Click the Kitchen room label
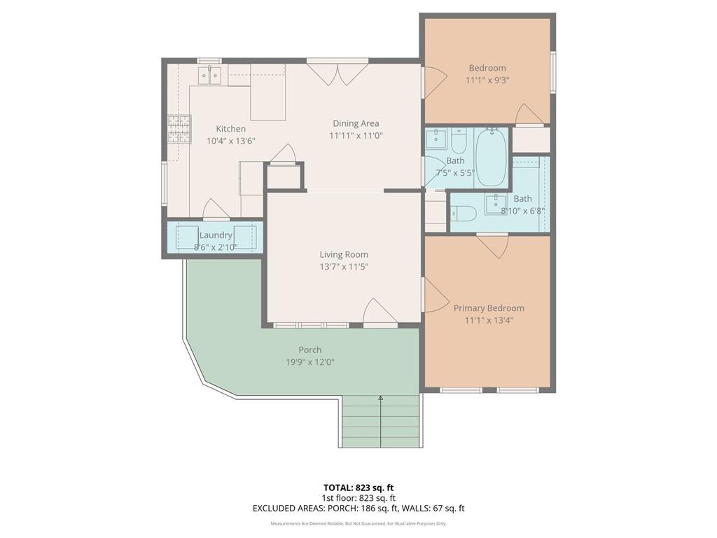click(231, 129)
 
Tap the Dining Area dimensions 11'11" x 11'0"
click(356, 136)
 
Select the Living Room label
click(344, 255)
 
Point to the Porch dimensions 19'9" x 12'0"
click(310, 362)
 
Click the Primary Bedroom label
click(489, 308)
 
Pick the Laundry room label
click(216, 235)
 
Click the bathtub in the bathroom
click(491, 157)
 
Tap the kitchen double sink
click(210, 75)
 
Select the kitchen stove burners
click(179, 129)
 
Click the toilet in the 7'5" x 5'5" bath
click(458, 140)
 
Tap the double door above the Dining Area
click(337, 73)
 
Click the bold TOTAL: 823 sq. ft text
click(358, 488)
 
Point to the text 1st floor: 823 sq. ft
click(358, 498)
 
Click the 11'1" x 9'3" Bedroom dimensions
click(487, 81)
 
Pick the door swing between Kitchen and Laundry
click(216, 209)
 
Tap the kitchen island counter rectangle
click(268, 92)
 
